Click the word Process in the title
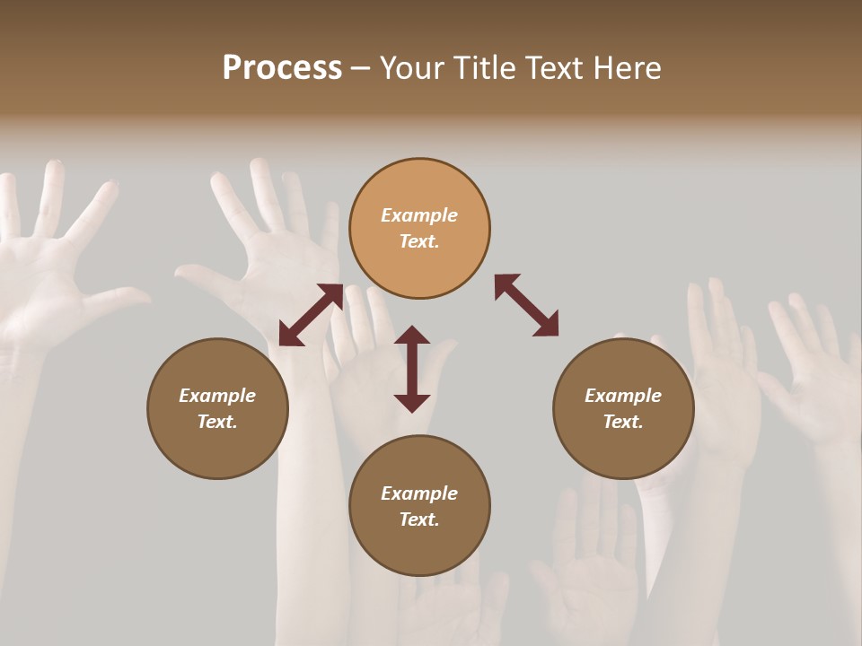coord(282,68)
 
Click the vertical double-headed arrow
coord(412,369)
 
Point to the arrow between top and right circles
coord(526,305)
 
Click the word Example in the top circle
coord(419,215)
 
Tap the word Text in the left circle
coord(217,422)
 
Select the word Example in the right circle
coord(623,396)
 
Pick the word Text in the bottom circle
coord(419,519)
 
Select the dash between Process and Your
coord(361,69)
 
